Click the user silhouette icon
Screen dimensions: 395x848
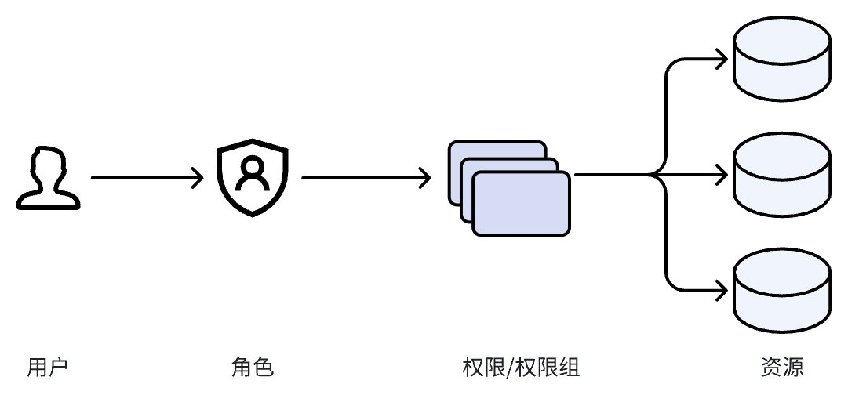(49, 179)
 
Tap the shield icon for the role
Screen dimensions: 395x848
(253, 179)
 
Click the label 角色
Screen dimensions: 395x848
(253, 367)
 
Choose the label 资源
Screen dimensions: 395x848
(782, 367)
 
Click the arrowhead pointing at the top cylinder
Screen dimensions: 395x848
(719, 59)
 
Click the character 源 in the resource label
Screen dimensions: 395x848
(794, 367)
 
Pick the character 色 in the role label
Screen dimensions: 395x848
(264, 367)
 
